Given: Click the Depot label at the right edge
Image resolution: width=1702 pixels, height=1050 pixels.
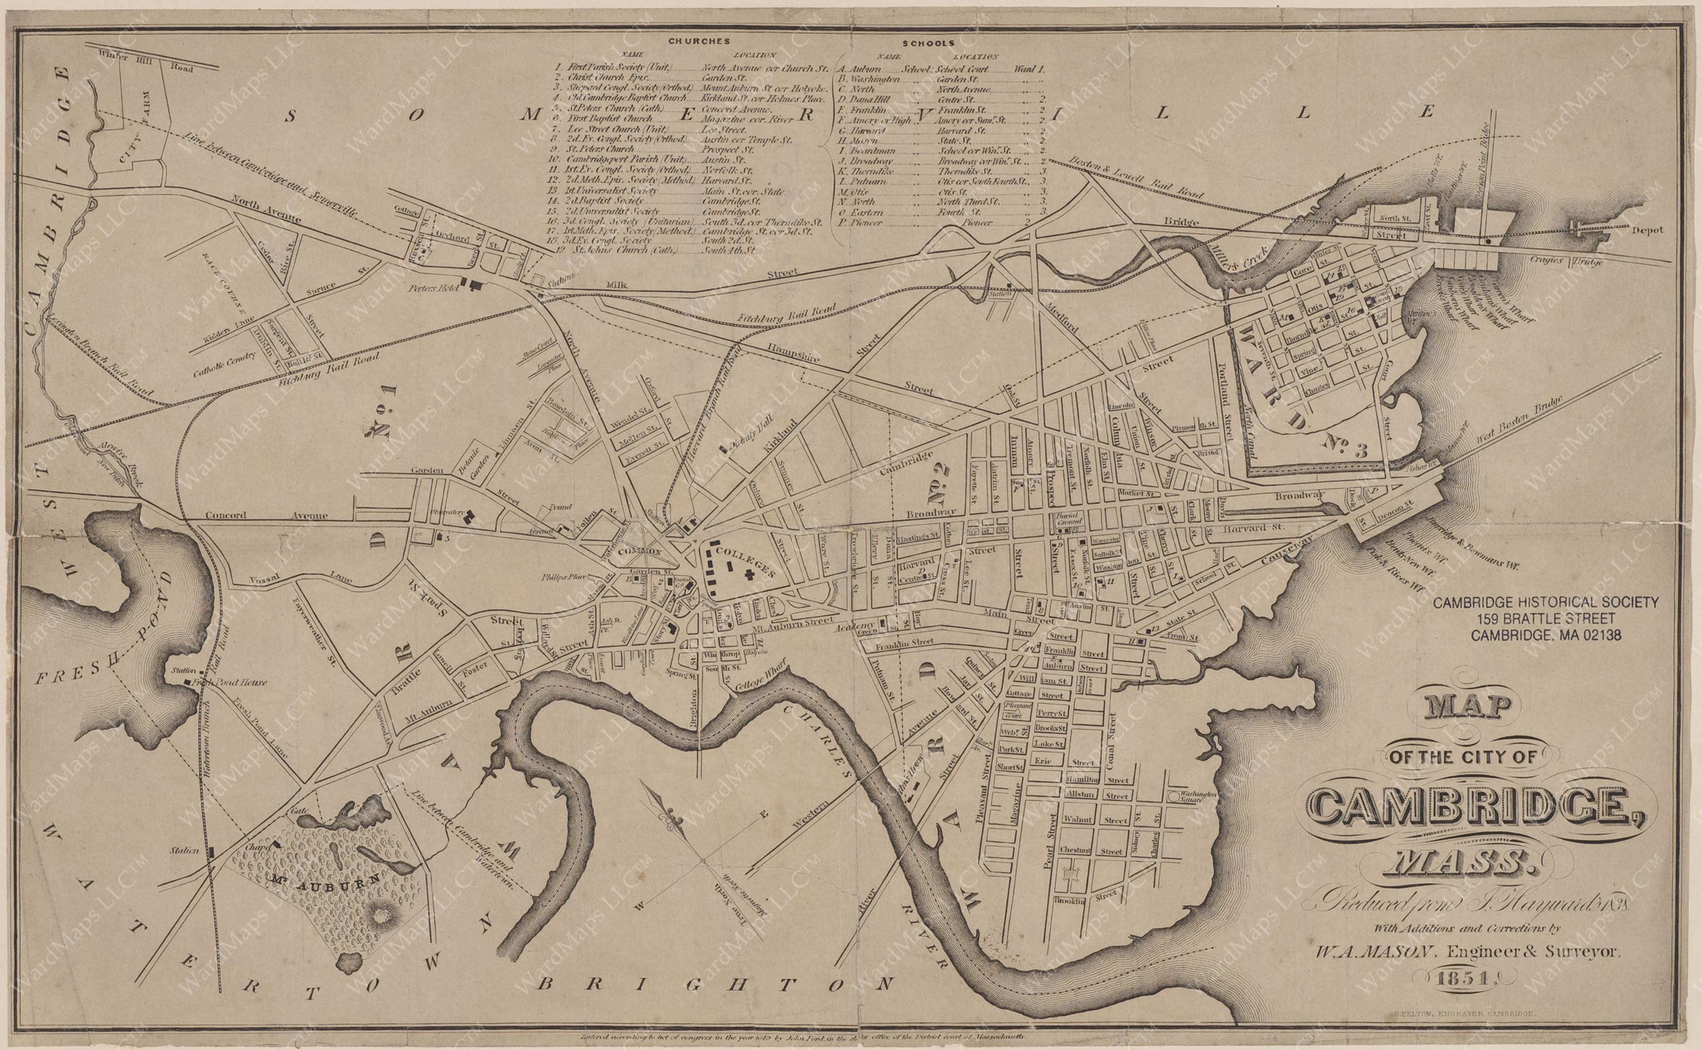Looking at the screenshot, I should coord(1647,230).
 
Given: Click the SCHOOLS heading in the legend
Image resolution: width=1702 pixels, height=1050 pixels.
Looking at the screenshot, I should coord(924,42).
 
